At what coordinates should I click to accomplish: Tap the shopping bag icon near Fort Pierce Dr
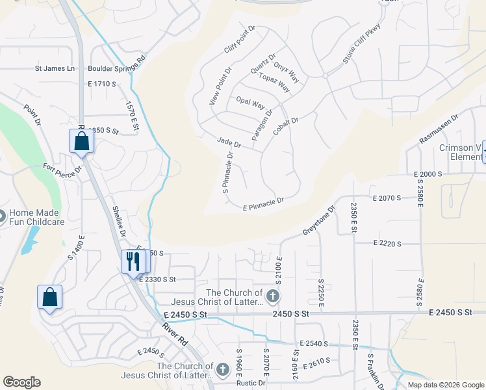pyautogui.click(x=81, y=140)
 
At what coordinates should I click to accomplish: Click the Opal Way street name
pyautogui.click(x=250, y=102)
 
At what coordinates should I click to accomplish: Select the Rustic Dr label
pyautogui.click(x=249, y=383)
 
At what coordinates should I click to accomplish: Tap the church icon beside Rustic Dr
pyautogui.click(x=223, y=370)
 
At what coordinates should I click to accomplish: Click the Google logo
pyautogui.click(x=21, y=382)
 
